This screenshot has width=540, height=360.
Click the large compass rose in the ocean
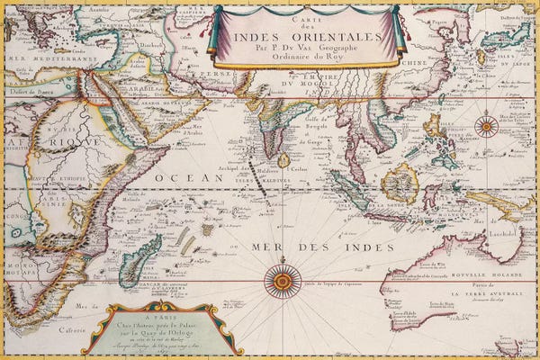pos(283,282)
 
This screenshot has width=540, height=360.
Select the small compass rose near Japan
pos(487,126)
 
